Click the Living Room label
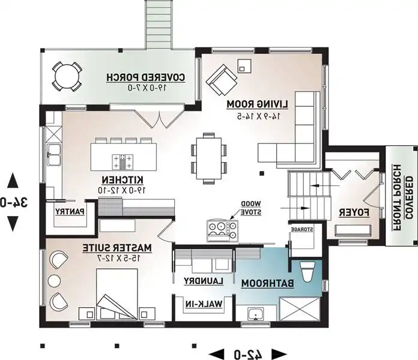(x=258, y=104)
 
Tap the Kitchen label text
(x=123, y=180)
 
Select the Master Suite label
(x=117, y=248)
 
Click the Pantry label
(x=70, y=212)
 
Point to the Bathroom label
(x=268, y=284)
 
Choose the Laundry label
(x=204, y=281)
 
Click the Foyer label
(x=354, y=213)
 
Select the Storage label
(x=302, y=229)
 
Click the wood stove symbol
(x=222, y=230)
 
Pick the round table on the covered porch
(x=67, y=77)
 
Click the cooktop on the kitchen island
(x=123, y=162)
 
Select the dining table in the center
(x=209, y=158)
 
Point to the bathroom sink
(x=256, y=314)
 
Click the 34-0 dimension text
(x=13, y=202)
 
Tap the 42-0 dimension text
(x=247, y=354)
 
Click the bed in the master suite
(x=117, y=293)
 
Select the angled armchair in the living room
(x=222, y=79)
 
